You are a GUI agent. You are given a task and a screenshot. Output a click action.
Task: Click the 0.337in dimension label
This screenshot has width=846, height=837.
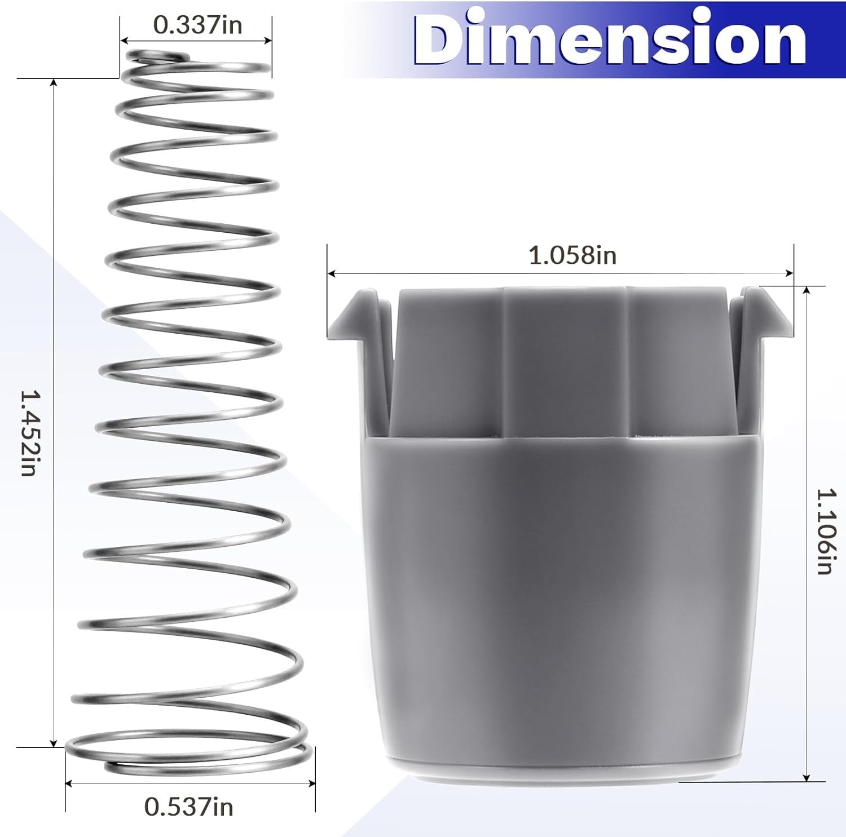[x=197, y=25]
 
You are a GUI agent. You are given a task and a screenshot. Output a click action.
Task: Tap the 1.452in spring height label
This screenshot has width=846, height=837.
[x=28, y=433]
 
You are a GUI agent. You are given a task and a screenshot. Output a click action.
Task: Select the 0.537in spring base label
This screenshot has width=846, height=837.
[x=189, y=807]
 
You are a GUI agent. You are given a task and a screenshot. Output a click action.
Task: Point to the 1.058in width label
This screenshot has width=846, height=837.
[x=572, y=255]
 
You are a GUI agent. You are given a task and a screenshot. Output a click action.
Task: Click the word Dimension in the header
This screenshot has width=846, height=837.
[x=610, y=38]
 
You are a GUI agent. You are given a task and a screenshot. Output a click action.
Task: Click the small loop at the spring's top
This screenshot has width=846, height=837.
[x=158, y=56]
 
